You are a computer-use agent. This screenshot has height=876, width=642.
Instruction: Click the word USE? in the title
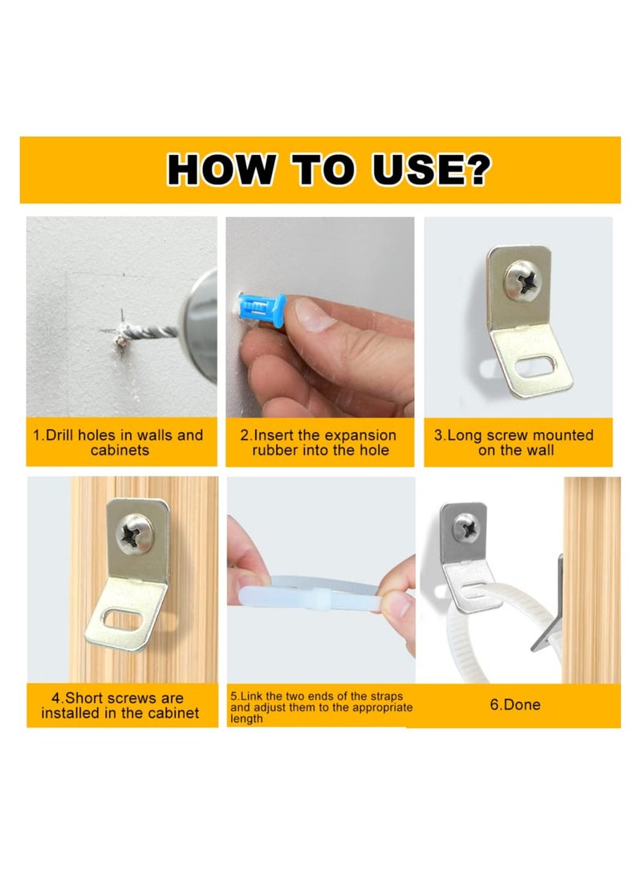point(431,169)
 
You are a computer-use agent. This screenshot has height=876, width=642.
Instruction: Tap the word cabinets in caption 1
point(120,450)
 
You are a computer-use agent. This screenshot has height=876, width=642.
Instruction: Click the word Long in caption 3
point(465,435)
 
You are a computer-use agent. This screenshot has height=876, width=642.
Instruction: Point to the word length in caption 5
point(246,719)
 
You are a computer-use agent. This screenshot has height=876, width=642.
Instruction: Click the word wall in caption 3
point(540,450)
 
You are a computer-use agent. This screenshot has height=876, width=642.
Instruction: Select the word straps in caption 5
point(386,697)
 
